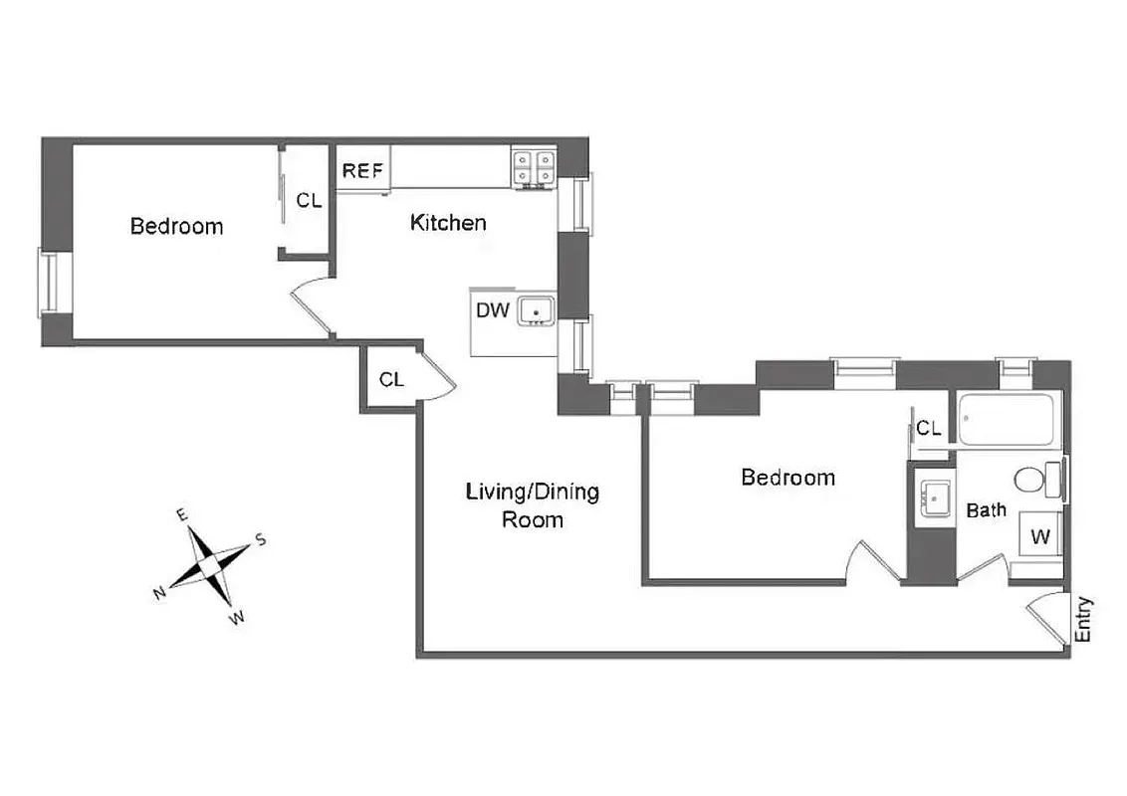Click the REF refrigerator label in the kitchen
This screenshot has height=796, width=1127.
pos(363,170)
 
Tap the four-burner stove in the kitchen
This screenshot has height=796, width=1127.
pos(534,168)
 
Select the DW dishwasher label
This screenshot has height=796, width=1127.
pos(492,310)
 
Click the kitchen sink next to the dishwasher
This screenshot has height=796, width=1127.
pos(538,310)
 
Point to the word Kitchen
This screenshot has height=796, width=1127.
pos(448,223)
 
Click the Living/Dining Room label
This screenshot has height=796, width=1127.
pos(533,504)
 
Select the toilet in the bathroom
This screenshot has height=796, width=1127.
pos(1035,480)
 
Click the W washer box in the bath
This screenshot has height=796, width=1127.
pos(1040,537)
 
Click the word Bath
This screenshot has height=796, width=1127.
pos(986,510)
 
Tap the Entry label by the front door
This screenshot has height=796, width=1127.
pos(1084,619)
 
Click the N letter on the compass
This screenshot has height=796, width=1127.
pos(158,594)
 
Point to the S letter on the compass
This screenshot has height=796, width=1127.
pos(261,539)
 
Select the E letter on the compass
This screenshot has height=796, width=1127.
pos(182,514)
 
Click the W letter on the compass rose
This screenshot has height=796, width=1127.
pos(237,619)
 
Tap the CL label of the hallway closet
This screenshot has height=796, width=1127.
pos(391,379)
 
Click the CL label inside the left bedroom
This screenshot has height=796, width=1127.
pos(309,200)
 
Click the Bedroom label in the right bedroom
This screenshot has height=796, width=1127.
pos(788,478)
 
